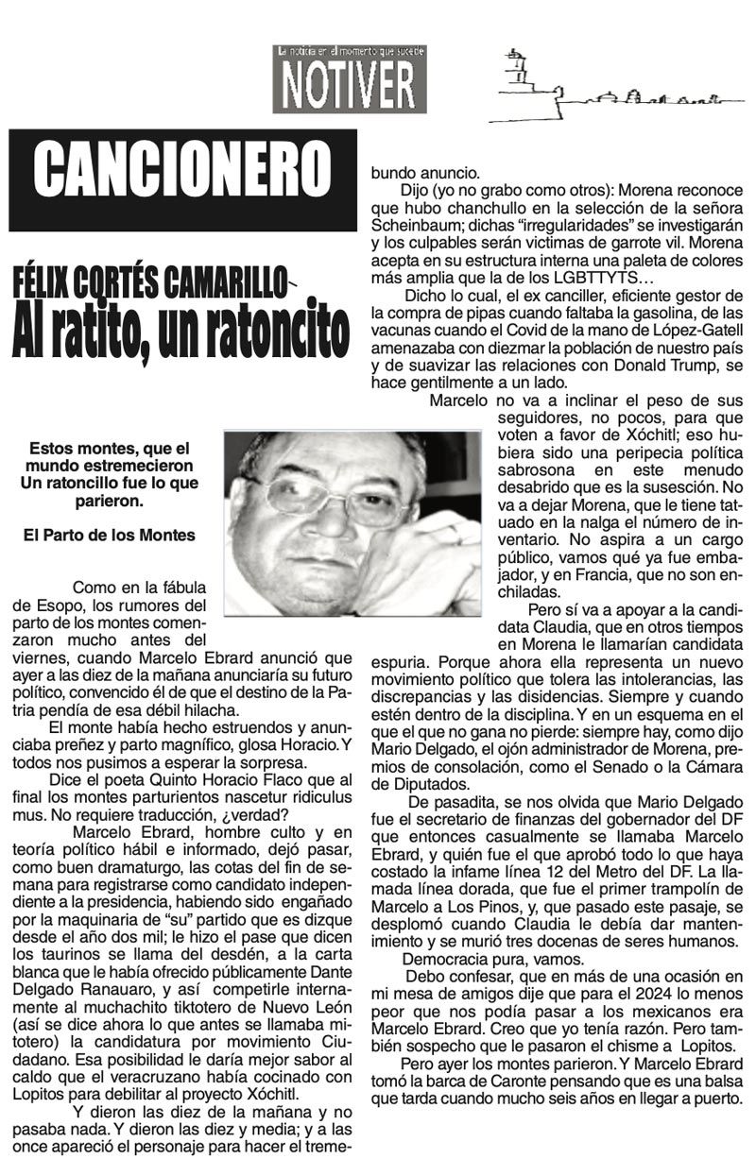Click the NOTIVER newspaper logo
pyautogui.click(x=350, y=81)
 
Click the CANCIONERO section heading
pyautogui.click(x=182, y=179)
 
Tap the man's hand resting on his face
pyautogui.click(x=416, y=557)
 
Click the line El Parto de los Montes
pyautogui.click(x=110, y=535)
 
